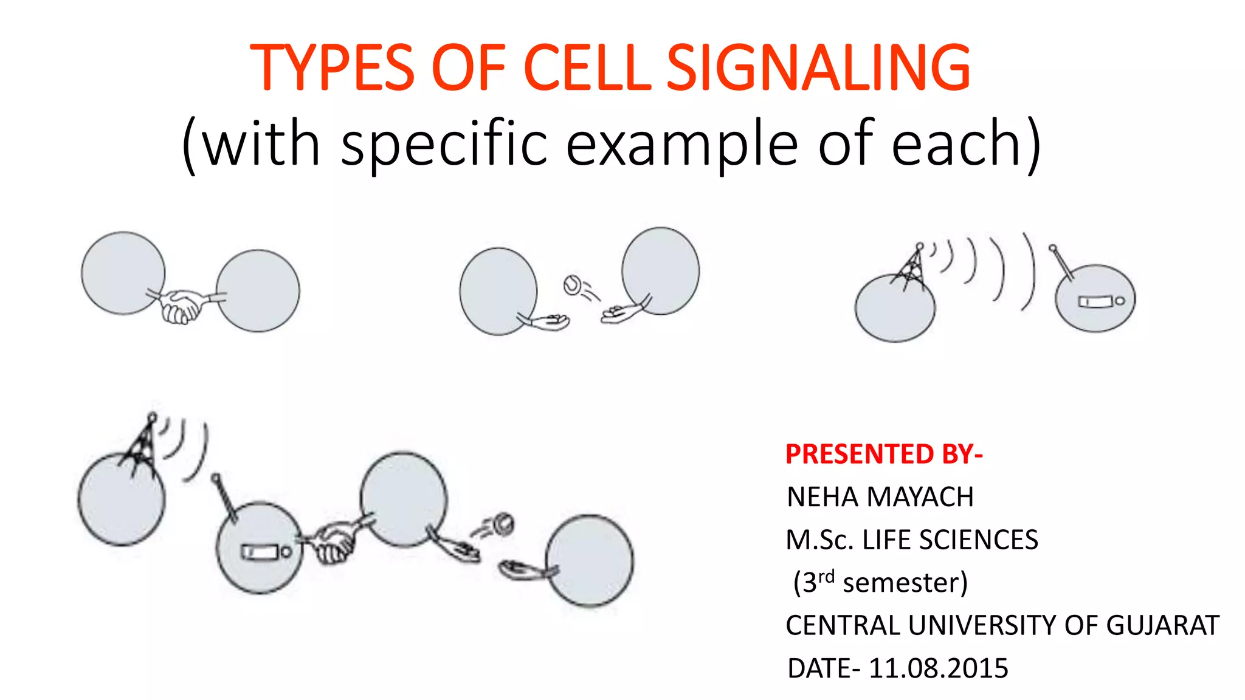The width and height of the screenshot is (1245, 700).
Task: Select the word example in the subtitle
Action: point(681,145)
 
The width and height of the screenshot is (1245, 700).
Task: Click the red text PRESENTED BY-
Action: point(883,454)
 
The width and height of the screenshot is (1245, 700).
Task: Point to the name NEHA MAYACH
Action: point(880,497)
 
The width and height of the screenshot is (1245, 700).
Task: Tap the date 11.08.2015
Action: point(938,668)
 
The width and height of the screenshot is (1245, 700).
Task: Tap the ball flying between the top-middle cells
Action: point(572,284)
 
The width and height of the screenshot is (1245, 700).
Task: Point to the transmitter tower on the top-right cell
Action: point(911,267)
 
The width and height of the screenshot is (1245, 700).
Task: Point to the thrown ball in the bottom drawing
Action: point(503,523)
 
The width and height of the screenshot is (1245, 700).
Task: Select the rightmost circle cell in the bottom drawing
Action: point(590,560)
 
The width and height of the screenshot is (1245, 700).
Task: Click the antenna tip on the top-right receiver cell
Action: point(1053,248)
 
